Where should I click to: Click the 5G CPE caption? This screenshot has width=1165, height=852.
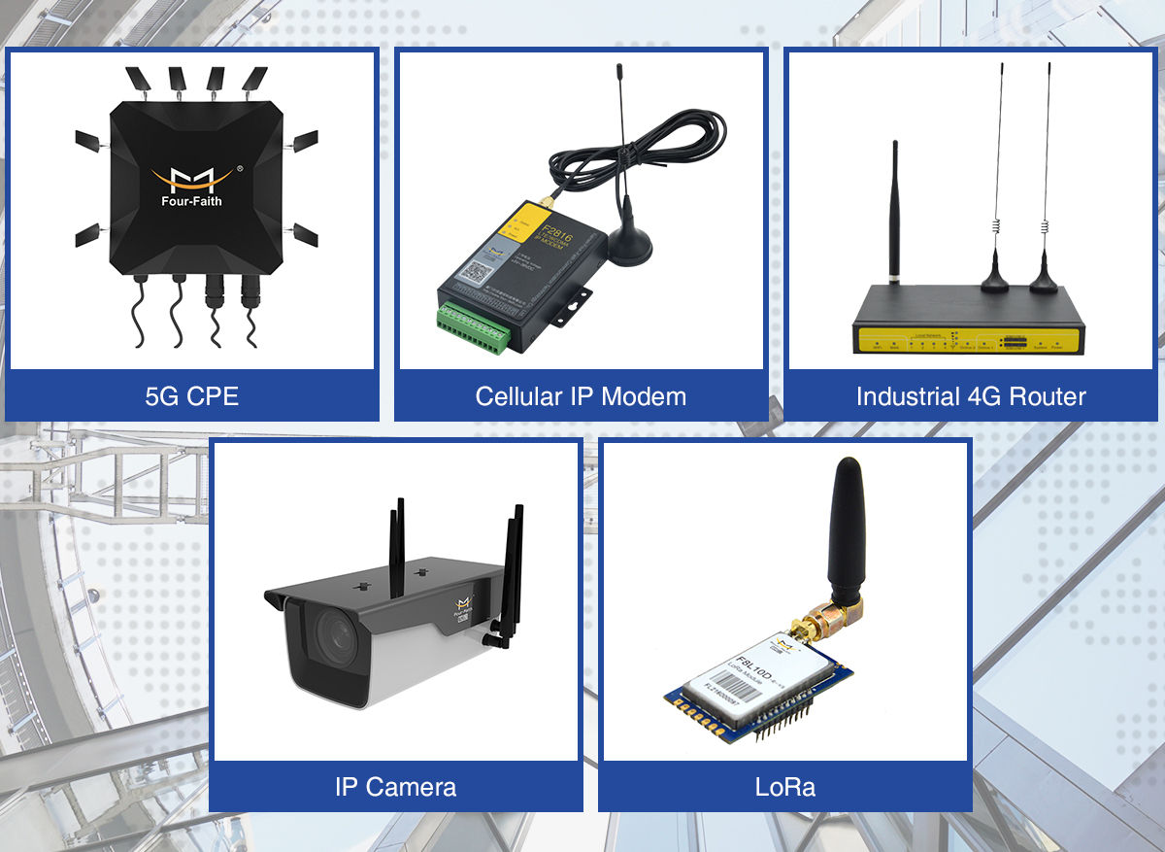[x=191, y=396]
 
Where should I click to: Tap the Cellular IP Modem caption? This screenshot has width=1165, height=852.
[x=581, y=396]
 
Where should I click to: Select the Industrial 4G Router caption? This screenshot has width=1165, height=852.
[x=971, y=396]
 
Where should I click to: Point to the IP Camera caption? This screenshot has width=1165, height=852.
[x=395, y=786]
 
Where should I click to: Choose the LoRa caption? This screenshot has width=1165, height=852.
[x=784, y=786]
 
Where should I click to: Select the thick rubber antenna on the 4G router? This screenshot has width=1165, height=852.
[x=894, y=214]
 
